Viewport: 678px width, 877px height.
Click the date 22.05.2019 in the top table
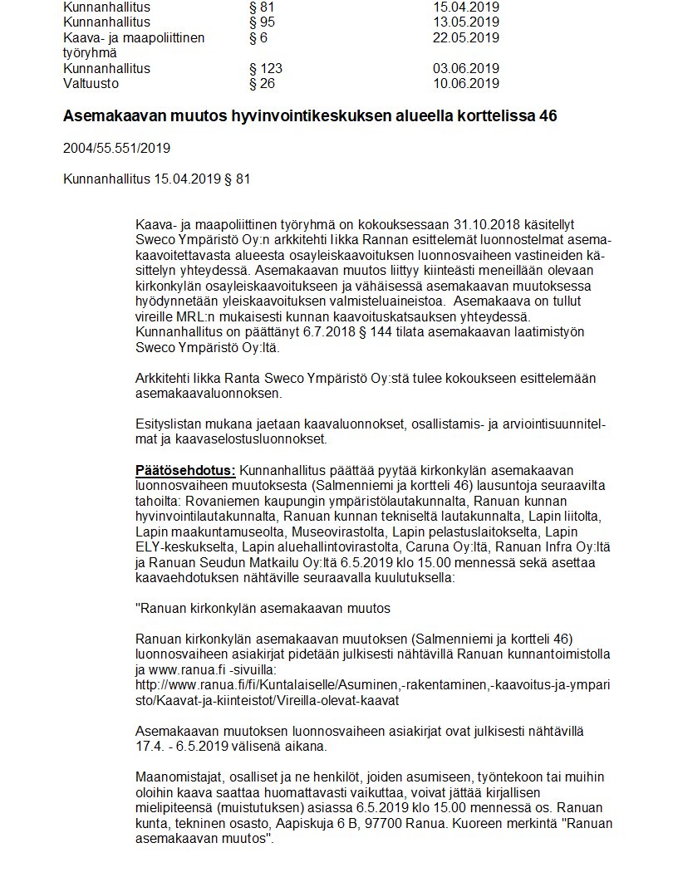coord(465,37)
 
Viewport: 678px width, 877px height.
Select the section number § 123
coord(266,68)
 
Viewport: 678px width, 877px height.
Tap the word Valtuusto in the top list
coord(91,83)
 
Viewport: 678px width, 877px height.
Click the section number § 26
coord(263,83)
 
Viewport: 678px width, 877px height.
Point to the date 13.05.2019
coord(465,22)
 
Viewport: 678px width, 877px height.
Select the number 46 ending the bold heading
coord(548,116)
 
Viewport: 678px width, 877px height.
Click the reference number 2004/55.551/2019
coord(116,149)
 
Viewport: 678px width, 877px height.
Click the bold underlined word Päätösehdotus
coord(185,471)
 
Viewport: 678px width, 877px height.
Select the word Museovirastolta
coord(346,532)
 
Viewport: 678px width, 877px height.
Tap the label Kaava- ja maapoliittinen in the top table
coord(134,37)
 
